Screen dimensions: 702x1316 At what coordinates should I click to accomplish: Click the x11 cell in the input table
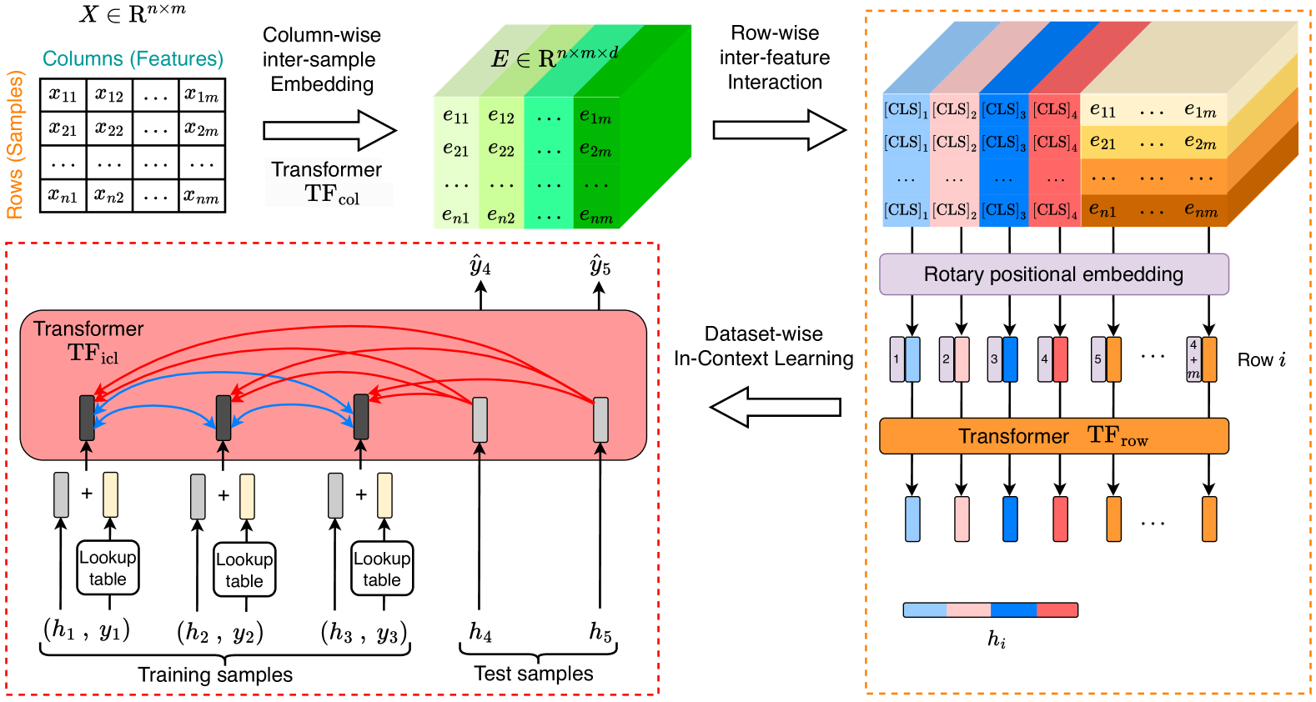click(63, 95)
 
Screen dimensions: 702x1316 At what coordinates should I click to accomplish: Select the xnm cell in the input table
click(202, 196)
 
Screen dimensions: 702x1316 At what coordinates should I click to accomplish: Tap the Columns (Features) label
click(133, 58)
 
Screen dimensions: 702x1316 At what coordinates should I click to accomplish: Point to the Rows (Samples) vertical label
click(15, 145)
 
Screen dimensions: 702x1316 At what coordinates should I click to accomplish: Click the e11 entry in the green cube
click(455, 116)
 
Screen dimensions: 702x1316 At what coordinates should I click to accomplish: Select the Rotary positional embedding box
click(1053, 274)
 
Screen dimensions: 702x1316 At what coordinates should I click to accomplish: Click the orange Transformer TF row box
click(1053, 436)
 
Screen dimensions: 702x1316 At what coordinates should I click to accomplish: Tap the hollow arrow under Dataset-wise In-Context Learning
click(775, 407)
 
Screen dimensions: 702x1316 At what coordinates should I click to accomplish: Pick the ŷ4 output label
click(480, 266)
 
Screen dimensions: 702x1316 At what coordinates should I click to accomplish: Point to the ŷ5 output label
click(600, 266)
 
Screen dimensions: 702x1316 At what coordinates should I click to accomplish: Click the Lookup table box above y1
click(108, 568)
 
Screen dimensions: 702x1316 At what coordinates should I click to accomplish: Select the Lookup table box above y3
click(382, 569)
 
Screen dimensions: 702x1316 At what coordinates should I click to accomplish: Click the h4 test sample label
click(480, 632)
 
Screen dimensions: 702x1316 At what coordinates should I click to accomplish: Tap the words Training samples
click(215, 674)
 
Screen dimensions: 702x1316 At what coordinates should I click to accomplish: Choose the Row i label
click(1261, 360)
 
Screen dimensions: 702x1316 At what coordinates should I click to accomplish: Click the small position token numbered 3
click(994, 359)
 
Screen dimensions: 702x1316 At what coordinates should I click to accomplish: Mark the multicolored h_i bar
click(990, 610)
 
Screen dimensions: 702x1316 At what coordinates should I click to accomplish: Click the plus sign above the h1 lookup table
click(87, 494)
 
